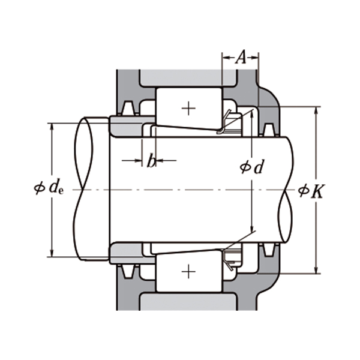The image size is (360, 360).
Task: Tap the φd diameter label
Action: point(252,167)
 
